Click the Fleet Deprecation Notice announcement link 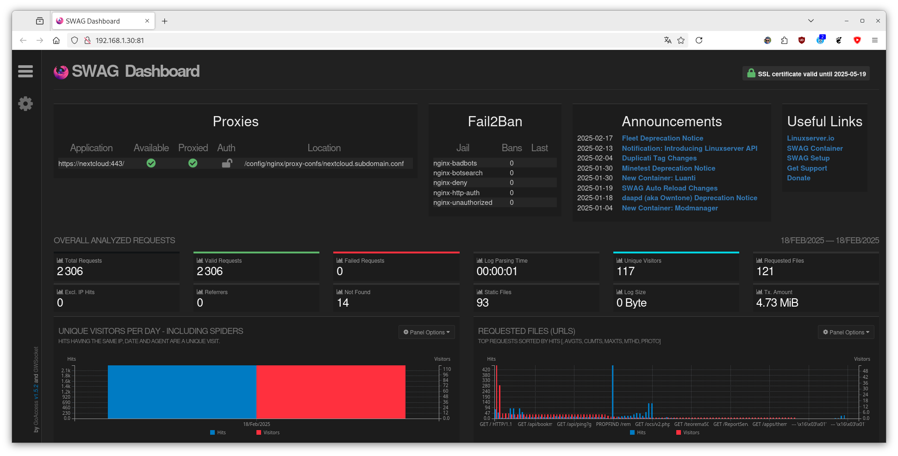click(x=662, y=138)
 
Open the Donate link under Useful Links click(x=798, y=178)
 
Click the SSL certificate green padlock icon click(x=751, y=73)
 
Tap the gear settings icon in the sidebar click(x=25, y=104)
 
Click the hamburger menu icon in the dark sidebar click(x=25, y=71)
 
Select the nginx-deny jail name click(x=450, y=183)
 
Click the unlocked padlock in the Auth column click(x=227, y=163)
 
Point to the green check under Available click(x=151, y=163)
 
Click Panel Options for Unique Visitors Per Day click(x=427, y=332)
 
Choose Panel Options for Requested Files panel click(x=846, y=332)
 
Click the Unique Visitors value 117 click(x=625, y=271)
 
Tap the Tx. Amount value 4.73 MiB click(x=777, y=303)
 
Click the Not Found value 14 click(x=343, y=303)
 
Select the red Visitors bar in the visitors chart click(x=331, y=392)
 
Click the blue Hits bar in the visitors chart click(x=182, y=392)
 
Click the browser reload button click(x=699, y=40)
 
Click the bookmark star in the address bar click(x=681, y=40)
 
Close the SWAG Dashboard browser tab click(x=147, y=21)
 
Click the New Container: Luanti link click(x=659, y=178)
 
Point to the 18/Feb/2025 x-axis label click(x=256, y=424)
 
